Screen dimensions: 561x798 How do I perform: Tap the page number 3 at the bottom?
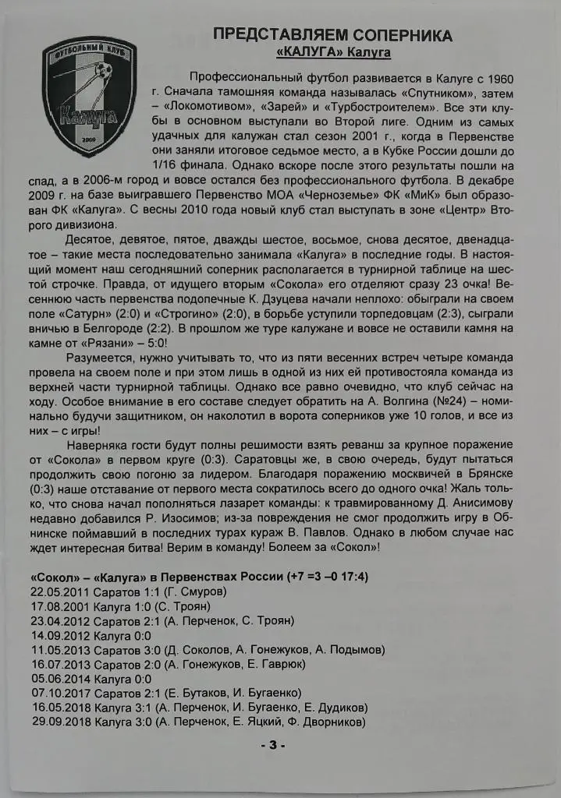[x=274, y=744]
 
